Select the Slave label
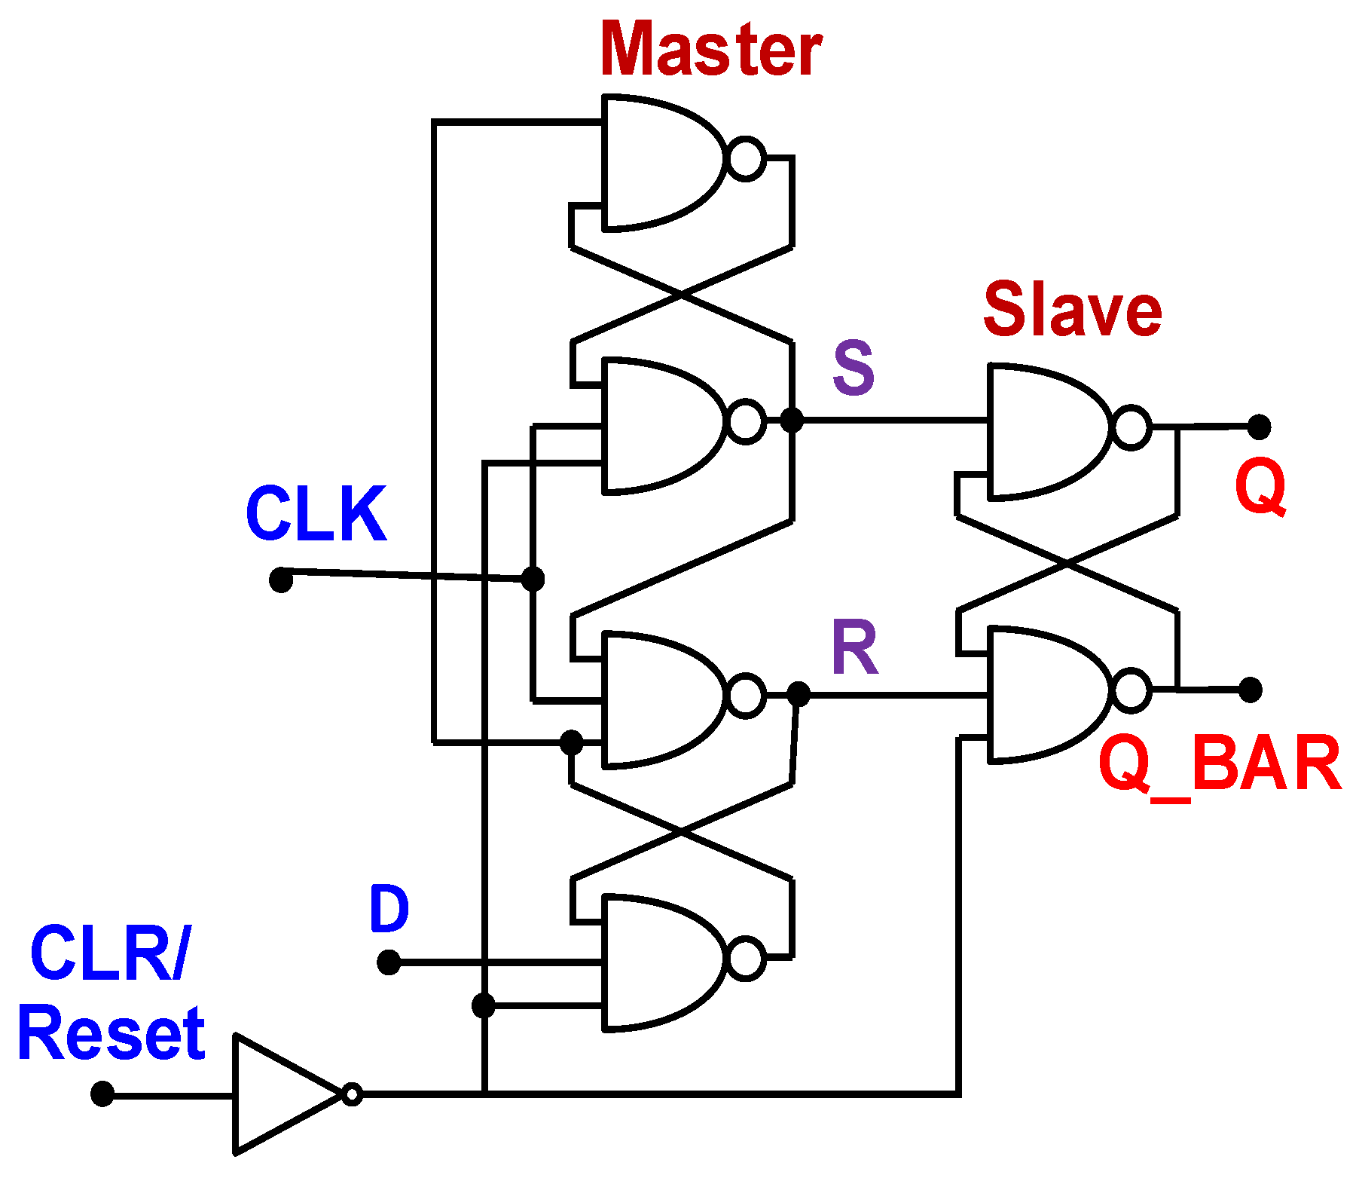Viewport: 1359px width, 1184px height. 1072,310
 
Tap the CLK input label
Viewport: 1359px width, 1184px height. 316,514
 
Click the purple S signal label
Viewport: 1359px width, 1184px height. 854,368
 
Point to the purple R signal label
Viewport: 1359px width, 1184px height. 855,648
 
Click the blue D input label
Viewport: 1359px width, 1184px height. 389,909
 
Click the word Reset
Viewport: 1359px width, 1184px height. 111,1034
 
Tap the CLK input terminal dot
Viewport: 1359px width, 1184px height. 281,580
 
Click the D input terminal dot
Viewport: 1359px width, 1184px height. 389,962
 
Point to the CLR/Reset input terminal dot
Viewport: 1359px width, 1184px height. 102,1094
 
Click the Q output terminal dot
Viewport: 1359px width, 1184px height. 1259,427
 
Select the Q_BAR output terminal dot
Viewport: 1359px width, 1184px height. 1251,690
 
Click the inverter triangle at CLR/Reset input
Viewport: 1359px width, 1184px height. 279,1094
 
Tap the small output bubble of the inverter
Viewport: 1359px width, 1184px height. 352,1094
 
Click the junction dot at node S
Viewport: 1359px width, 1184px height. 791,420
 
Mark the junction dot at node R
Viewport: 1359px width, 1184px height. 799,694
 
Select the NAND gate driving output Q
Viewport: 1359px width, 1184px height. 1047,431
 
